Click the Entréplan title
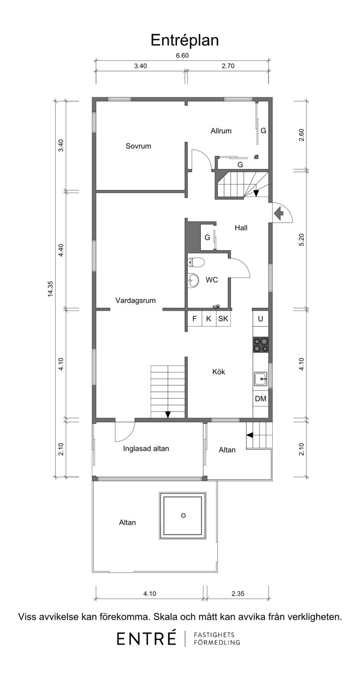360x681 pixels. pyautogui.click(x=184, y=41)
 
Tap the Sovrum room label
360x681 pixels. pyautogui.click(x=138, y=146)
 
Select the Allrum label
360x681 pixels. pyautogui.click(x=221, y=131)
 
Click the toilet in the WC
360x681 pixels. pyautogui.click(x=195, y=262)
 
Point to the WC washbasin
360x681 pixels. pyautogui.click(x=193, y=280)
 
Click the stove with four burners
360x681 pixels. pyautogui.click(x=261, y=345)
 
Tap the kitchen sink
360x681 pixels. pyautogui.click(x=261, y=379)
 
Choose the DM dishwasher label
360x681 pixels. pyautogui.click(x=261, y=399)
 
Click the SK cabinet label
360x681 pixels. pyautogui.click(x=223, y=319)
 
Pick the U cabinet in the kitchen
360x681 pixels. pyautogui.click(x=261, y=319)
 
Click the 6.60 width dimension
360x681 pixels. pyautogui.click(x=182, y=55)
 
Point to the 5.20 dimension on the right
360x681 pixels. pyautogui.click(x=301, y=239)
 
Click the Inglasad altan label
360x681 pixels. pyautogui.click(x=146, y=448)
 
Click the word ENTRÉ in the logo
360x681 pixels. pyautogui.click(x=147, y=638)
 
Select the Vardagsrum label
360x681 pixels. pyautogui.click(x=135, y=300)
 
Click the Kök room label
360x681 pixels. pyautogui.click(x=219, y=371)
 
